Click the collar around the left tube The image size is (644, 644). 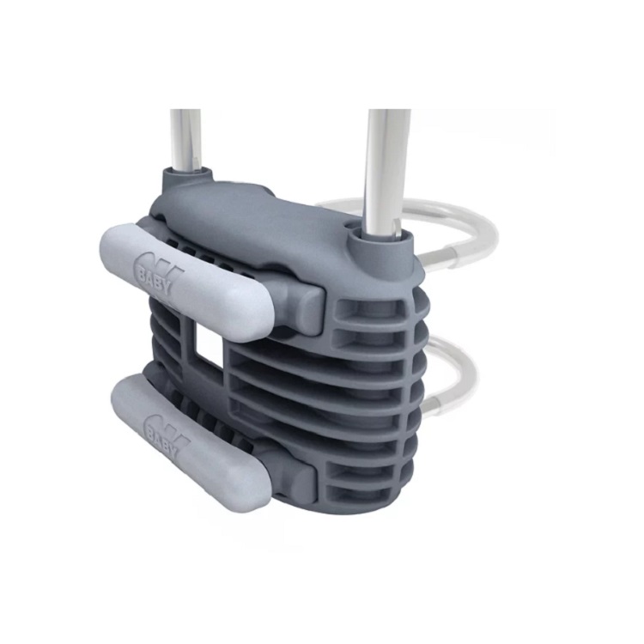(188, 175)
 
